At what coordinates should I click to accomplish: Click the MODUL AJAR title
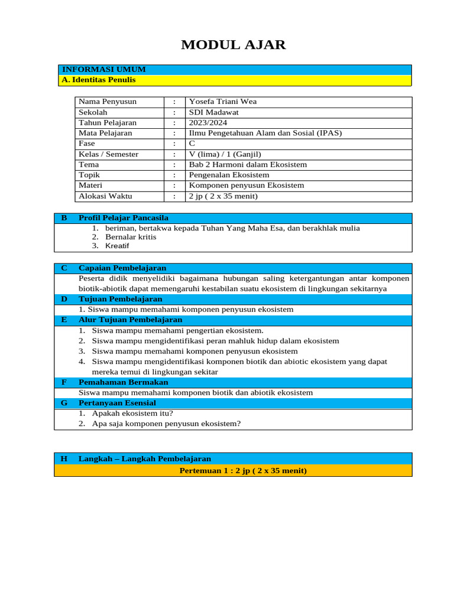click(x=233, y=45)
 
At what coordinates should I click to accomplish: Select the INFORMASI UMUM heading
click(x=104, y=70)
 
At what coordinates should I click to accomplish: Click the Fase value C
click(x=192, y=144)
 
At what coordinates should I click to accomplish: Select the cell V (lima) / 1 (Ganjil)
click(x=225, y=154)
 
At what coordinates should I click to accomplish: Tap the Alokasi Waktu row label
click(x=105, y=196)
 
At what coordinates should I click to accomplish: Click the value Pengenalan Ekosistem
click(x=229, y=175)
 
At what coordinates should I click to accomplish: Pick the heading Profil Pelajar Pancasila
click(x=124, y=218)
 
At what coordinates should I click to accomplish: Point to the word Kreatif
click(x=117, y=246)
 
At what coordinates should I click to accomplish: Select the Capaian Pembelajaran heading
click(x=122, y=268)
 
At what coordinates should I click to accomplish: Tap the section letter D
click(x=64, y=299)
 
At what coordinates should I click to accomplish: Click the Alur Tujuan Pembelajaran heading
click(x=130, y=320)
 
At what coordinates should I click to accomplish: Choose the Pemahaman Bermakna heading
click(x=123, y=382)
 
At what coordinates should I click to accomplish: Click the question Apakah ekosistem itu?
click(x=128, y=414)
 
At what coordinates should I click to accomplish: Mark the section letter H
click(x=64, y=459)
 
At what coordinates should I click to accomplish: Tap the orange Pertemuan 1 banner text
click(x=242, y=471)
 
